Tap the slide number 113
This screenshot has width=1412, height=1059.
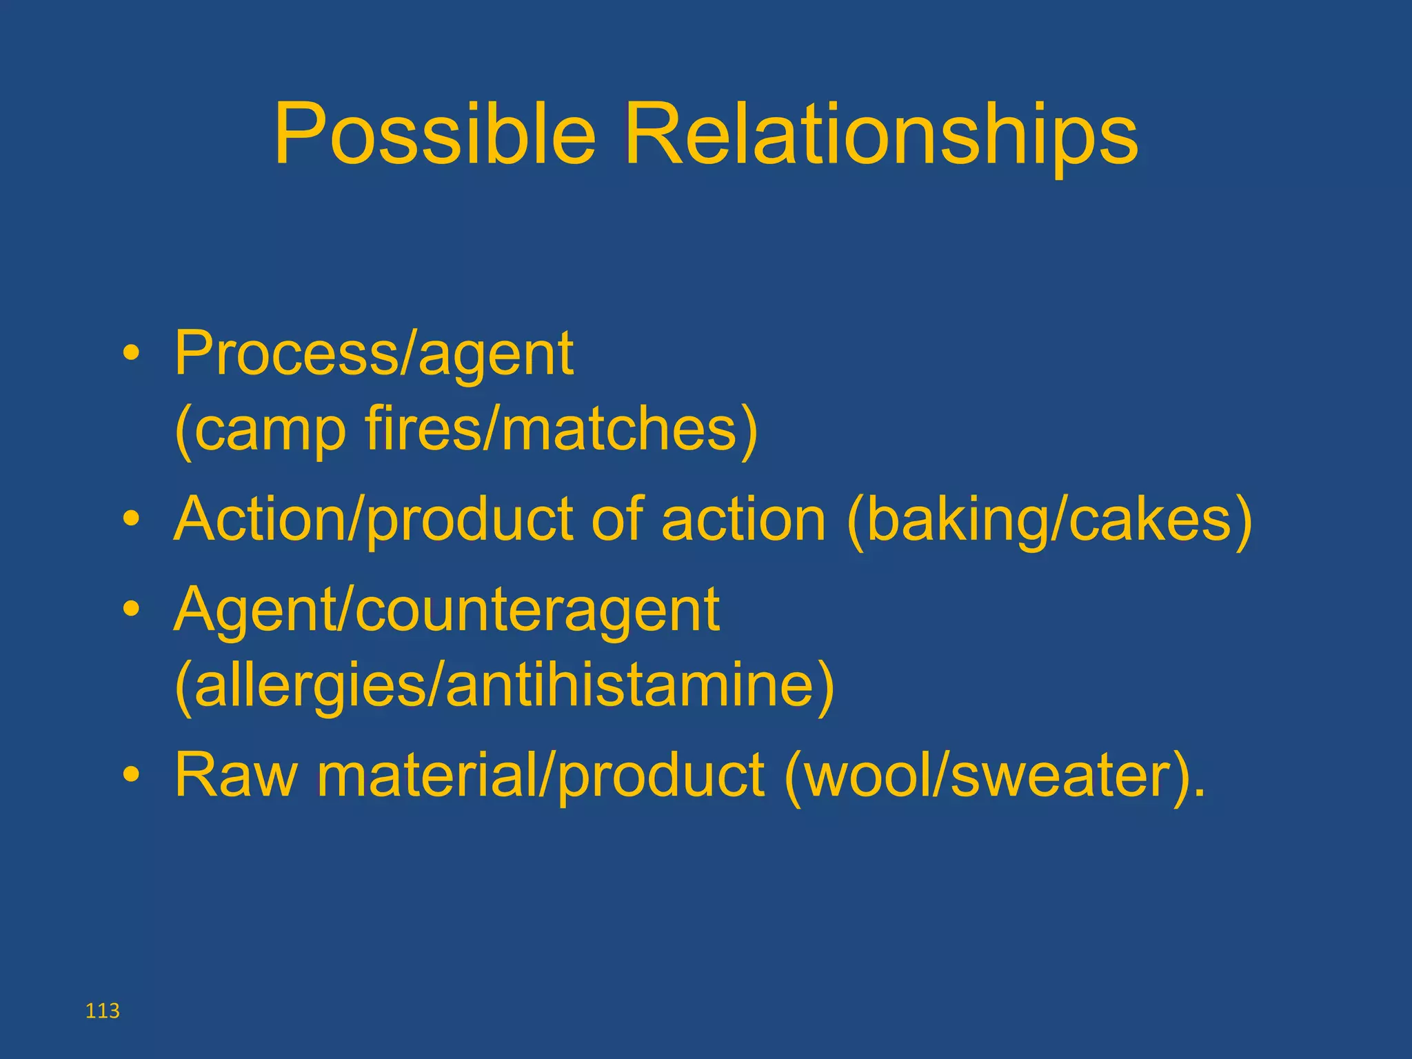click(103, 1011)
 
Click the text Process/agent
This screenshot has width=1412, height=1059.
click(374, 354)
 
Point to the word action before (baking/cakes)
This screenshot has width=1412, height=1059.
click(743, 518)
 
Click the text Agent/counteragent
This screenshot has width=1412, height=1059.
click(447, 609)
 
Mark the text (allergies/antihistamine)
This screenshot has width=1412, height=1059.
click(505, 686)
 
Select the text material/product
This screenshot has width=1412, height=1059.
click(541, 774)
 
